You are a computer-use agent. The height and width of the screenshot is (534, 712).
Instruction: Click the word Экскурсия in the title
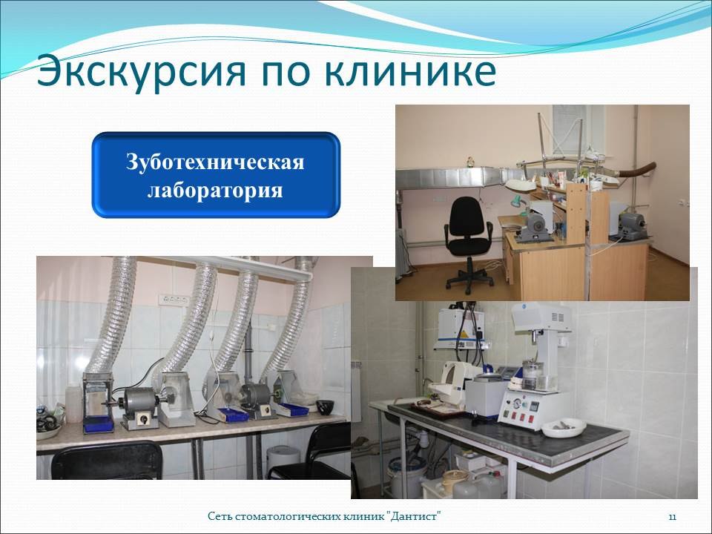pyautogui.click(x=141, y=72)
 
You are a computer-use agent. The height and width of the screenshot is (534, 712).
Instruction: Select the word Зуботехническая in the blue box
pyautogui.click(x=215, y=162)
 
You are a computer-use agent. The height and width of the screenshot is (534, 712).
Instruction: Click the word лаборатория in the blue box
pyautogui.click(x=215, y=191)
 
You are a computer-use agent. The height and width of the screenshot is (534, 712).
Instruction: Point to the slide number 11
pyautogui.click(x=673, y=517)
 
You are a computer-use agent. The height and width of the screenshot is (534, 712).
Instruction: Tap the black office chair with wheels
pyautogui.click(x=469, y=244)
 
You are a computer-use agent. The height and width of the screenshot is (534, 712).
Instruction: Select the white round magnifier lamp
pyautogui.click(x=521, y=185)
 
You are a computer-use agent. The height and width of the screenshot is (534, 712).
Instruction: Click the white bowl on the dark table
pyautogui.click(x=564, y=427)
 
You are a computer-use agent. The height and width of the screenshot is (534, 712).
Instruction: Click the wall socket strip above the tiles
pyautogui.click(x=173, y=300)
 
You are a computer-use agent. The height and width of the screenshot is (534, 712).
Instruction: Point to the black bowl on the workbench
pyautogui.click(x=325, y=407)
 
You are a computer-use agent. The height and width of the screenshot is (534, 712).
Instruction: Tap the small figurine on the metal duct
pyautogui.click(x=470, y=162)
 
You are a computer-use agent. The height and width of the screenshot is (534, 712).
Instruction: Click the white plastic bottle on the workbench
pyautogui.click(x=73, y=403)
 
